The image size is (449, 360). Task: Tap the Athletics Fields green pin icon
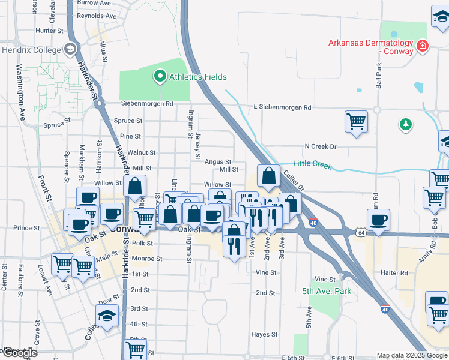(160, 76)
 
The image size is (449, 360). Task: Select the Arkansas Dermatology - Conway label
(371, 47)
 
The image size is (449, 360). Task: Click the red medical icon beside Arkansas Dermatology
(423, 45)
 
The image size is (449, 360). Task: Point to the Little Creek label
(312, 164)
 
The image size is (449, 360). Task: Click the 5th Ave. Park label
(326, 291)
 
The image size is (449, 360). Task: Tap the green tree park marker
(406, 124)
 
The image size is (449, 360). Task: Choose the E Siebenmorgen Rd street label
(282, 107)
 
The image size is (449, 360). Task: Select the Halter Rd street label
(395, 272)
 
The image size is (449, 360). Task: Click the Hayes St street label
(264, 334)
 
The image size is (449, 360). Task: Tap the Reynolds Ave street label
(97, 16)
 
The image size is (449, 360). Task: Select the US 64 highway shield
(360, 232)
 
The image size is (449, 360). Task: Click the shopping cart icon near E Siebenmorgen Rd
(356, 122)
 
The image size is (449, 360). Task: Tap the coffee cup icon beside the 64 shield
(378, 220)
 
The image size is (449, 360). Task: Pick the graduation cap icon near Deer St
(107, 316)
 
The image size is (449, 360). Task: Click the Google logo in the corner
(19, 353)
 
